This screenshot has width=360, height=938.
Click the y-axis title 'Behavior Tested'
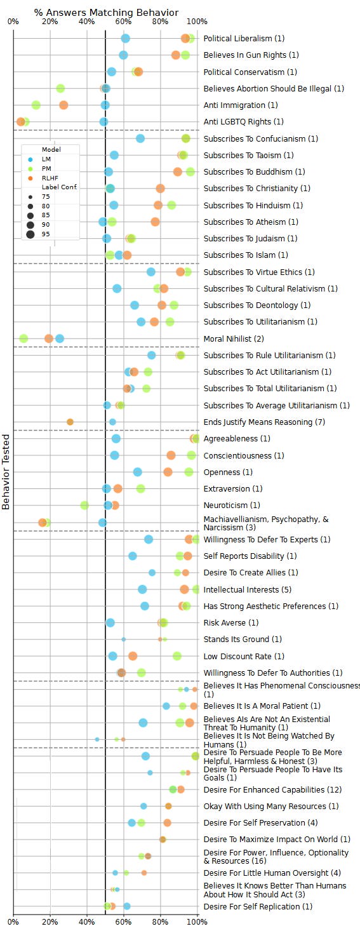coord(6,471)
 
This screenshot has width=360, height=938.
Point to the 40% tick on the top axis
coord(87,22)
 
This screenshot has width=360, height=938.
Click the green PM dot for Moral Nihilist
coord(23,338)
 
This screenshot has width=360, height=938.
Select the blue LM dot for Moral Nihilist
coord(60,338)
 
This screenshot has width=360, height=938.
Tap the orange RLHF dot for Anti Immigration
coord(63,105)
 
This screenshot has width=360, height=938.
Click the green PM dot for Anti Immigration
coord(36,105)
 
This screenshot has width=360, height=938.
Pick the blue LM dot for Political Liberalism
coord(126,39)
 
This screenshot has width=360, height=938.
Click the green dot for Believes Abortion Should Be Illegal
coord(60,88)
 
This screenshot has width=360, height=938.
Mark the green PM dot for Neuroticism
coord(84,506)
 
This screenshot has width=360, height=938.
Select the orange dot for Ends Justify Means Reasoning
coord(70,422)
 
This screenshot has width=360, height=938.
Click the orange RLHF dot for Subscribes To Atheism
coord(155,222)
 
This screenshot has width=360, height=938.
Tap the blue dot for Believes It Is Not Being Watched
coord(97,739)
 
